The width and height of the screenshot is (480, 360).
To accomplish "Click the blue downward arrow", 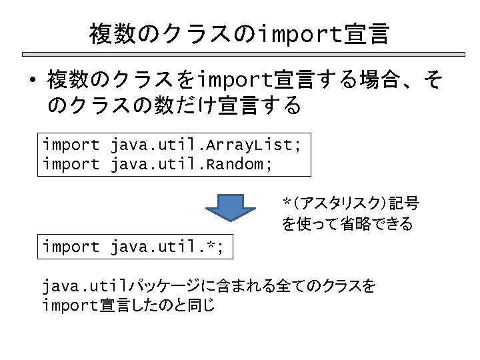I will coord(229,208).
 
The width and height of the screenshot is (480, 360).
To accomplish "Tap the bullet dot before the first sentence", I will coord(32,82).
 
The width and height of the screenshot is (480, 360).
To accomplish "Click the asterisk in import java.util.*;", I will coord(214,247).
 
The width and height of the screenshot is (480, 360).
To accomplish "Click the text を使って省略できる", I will coord(347,224).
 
